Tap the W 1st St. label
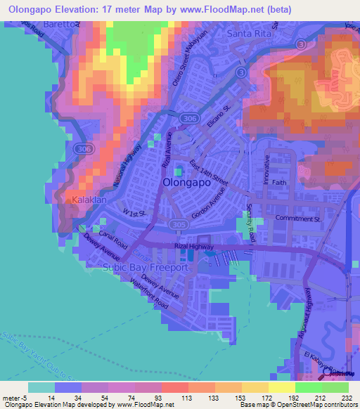point(133,212)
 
